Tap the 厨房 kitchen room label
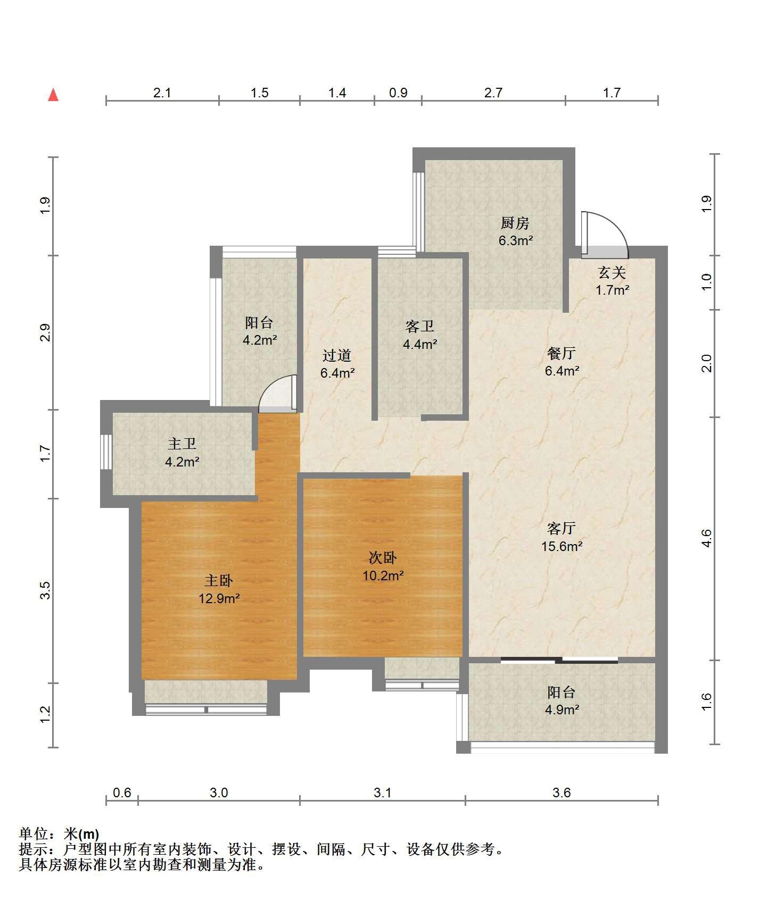click(515, 223)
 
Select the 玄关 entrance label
click(612, 273)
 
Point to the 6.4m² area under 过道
click(337, 373)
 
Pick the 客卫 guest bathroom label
click(420, 326)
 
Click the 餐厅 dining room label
click(561, 353)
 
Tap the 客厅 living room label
click(561, 528)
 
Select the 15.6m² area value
click(562, 546)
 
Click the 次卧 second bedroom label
click(383, 558)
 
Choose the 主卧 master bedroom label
click(219, 580)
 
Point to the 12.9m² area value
click(219, 598)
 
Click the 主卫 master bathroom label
click(182, 444)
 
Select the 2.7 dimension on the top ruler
click(493, 93)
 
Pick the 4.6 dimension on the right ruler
click(706, 538)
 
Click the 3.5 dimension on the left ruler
click(45, 590)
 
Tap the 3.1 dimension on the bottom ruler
click(383, 792)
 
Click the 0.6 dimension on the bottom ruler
click(122, 792)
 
